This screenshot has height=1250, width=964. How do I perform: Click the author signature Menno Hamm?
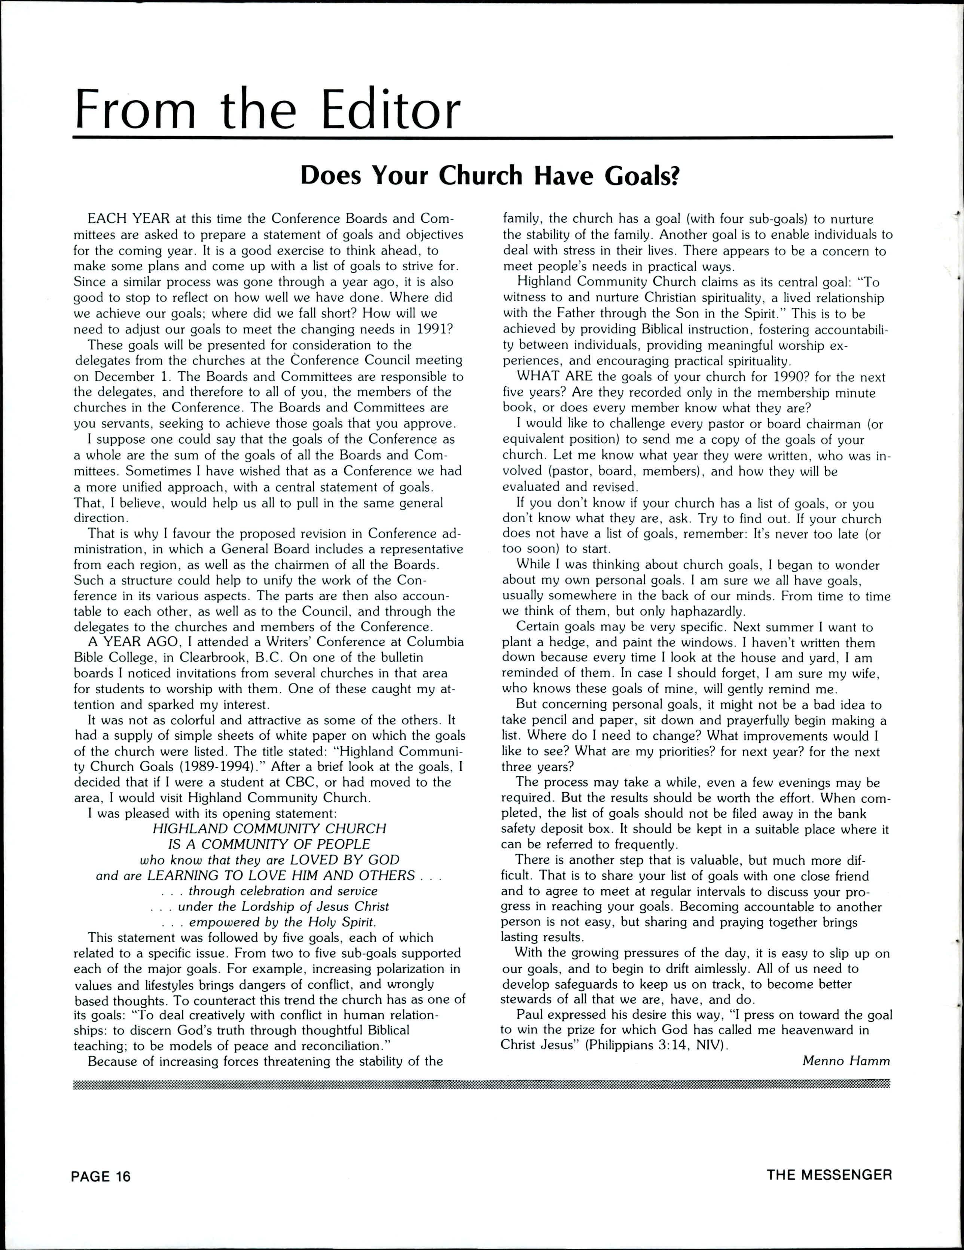point(846,1061)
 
